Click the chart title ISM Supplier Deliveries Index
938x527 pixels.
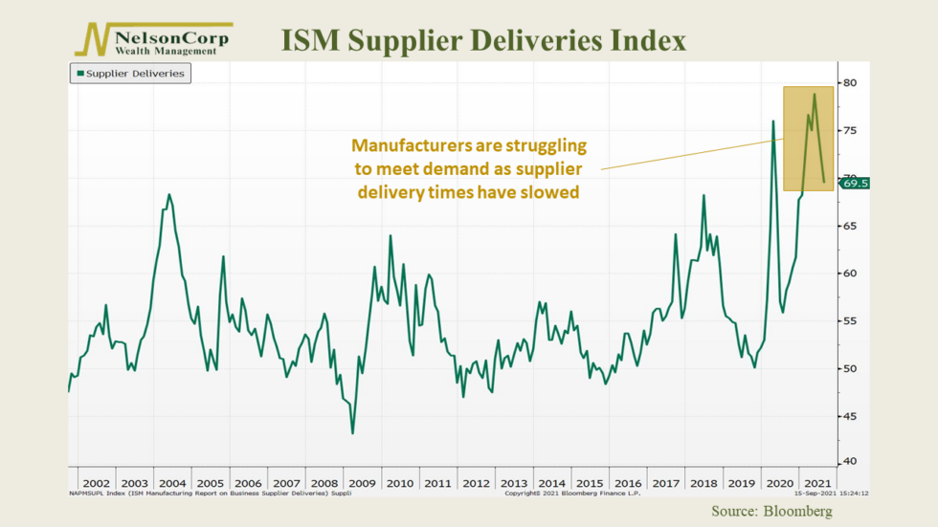482,41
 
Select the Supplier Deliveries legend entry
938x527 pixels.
129,74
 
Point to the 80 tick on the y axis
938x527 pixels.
848,83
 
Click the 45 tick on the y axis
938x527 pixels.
848,415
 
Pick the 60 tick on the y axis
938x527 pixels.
848,274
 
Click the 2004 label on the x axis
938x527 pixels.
171,484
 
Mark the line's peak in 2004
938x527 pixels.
169,195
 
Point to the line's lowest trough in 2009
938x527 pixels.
352,433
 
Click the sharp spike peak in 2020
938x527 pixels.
773,121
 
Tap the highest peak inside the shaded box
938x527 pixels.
815,94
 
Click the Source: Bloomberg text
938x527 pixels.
771,512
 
